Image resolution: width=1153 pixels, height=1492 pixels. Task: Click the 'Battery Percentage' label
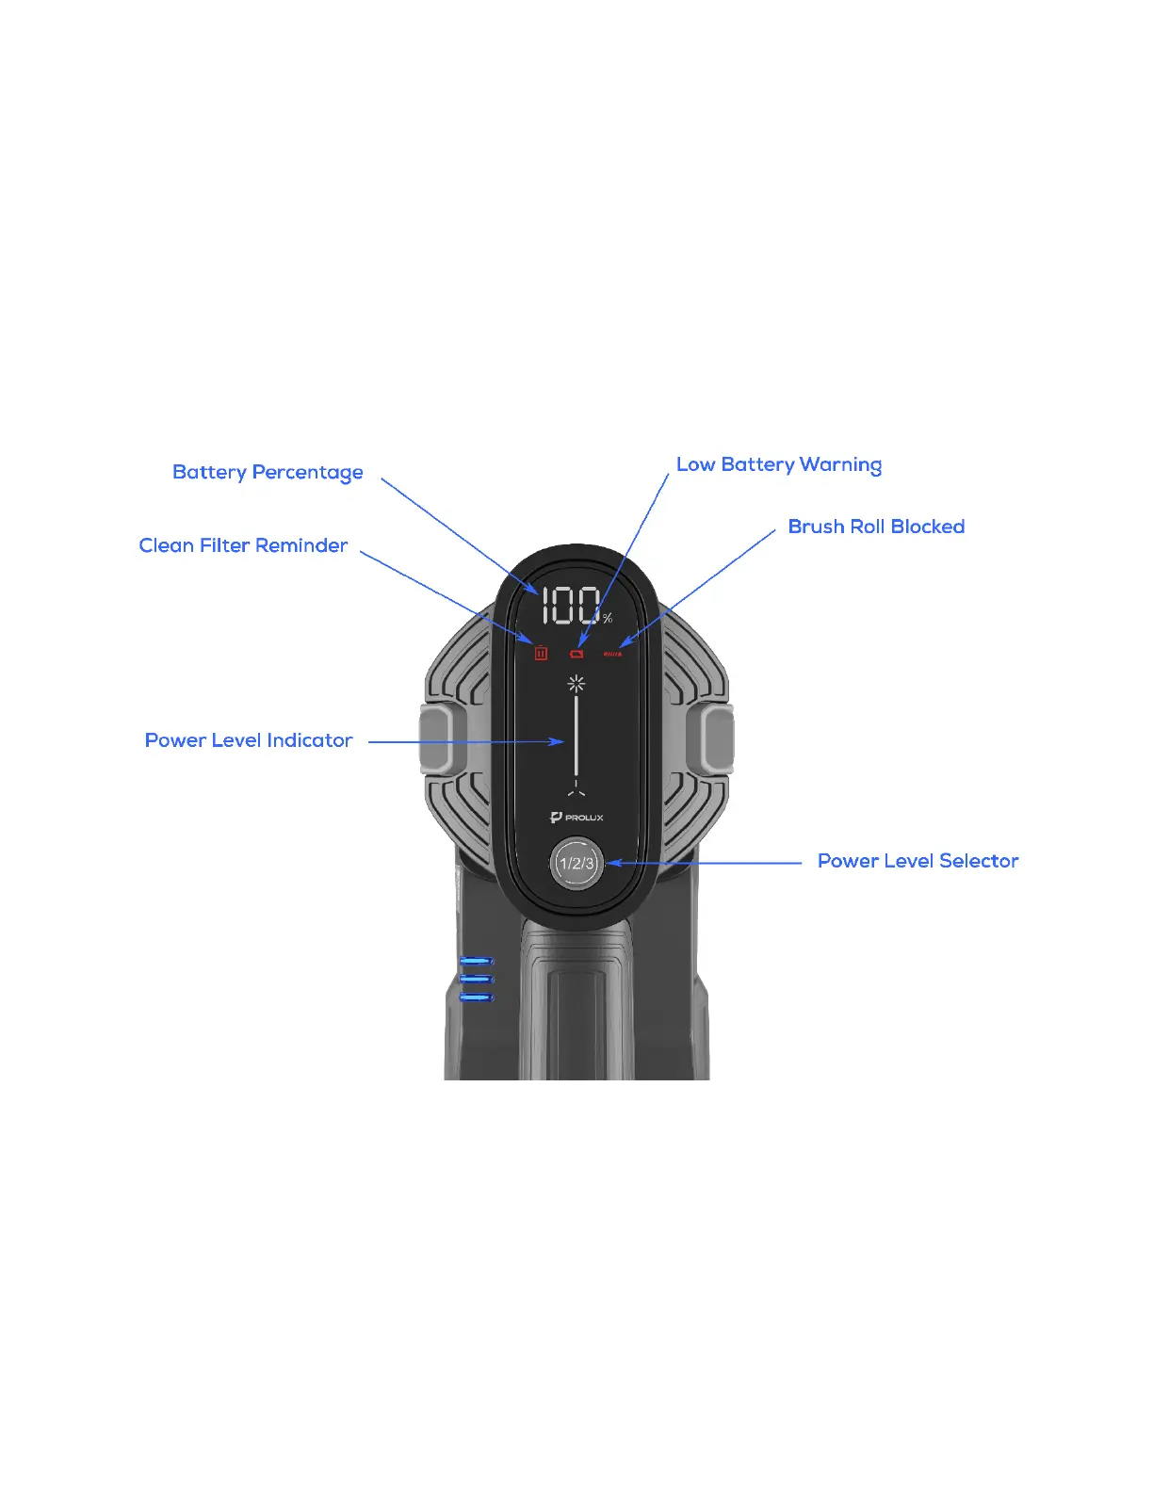coord(268,472)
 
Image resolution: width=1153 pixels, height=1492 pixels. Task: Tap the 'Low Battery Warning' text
coord(779,464)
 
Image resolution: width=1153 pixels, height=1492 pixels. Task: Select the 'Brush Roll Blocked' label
coord(876,527)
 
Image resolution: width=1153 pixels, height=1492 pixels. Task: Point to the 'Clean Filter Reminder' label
coord(243,545)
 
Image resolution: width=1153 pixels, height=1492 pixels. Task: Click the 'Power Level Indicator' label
coord(249,740)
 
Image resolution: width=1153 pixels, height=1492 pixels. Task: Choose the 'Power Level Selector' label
coord(918,861)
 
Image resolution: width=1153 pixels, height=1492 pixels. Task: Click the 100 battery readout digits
coord(571,606)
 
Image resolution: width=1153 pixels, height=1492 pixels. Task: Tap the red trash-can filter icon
coord(541,653)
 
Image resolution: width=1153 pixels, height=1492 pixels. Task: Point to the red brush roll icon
coord(612,654)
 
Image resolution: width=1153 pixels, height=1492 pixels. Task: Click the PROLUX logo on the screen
coord(576,818)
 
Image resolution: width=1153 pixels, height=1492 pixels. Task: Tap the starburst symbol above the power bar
coord(576,683)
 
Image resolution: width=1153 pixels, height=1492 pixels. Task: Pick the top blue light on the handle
coord(477,961)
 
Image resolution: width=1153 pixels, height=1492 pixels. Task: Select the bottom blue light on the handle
coord(477,997)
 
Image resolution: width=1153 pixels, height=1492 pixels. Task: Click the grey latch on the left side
coord(435,739)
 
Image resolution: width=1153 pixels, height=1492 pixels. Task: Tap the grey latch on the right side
coord(717,739)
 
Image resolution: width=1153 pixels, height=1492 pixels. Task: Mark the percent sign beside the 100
coord(608,619)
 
